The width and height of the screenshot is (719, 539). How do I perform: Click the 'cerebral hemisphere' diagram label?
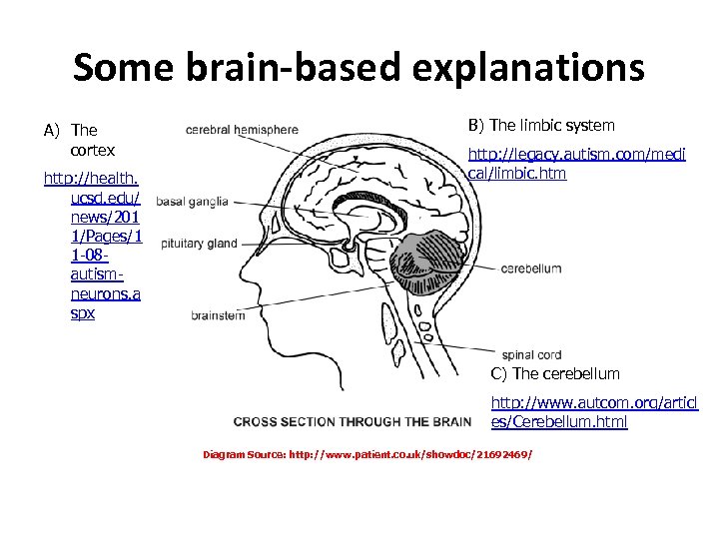[242, 129]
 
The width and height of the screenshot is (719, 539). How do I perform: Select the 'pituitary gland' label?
[199, 243]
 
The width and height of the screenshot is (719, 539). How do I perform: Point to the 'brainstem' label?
[217, 315]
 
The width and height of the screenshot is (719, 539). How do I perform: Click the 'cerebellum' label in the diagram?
[530, 269]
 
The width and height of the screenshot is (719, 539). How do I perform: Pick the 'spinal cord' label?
[532, 353]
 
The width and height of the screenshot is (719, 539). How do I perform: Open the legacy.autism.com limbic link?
[576, 164]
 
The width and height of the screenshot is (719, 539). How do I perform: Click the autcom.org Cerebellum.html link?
[593, 412]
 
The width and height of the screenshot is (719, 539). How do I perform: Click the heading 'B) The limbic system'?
[541, 125]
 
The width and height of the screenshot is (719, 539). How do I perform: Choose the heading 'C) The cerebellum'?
[554, 373]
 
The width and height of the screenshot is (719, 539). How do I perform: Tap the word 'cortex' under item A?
[93, 150]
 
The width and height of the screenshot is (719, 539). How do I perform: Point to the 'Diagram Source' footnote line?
[367, 454]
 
